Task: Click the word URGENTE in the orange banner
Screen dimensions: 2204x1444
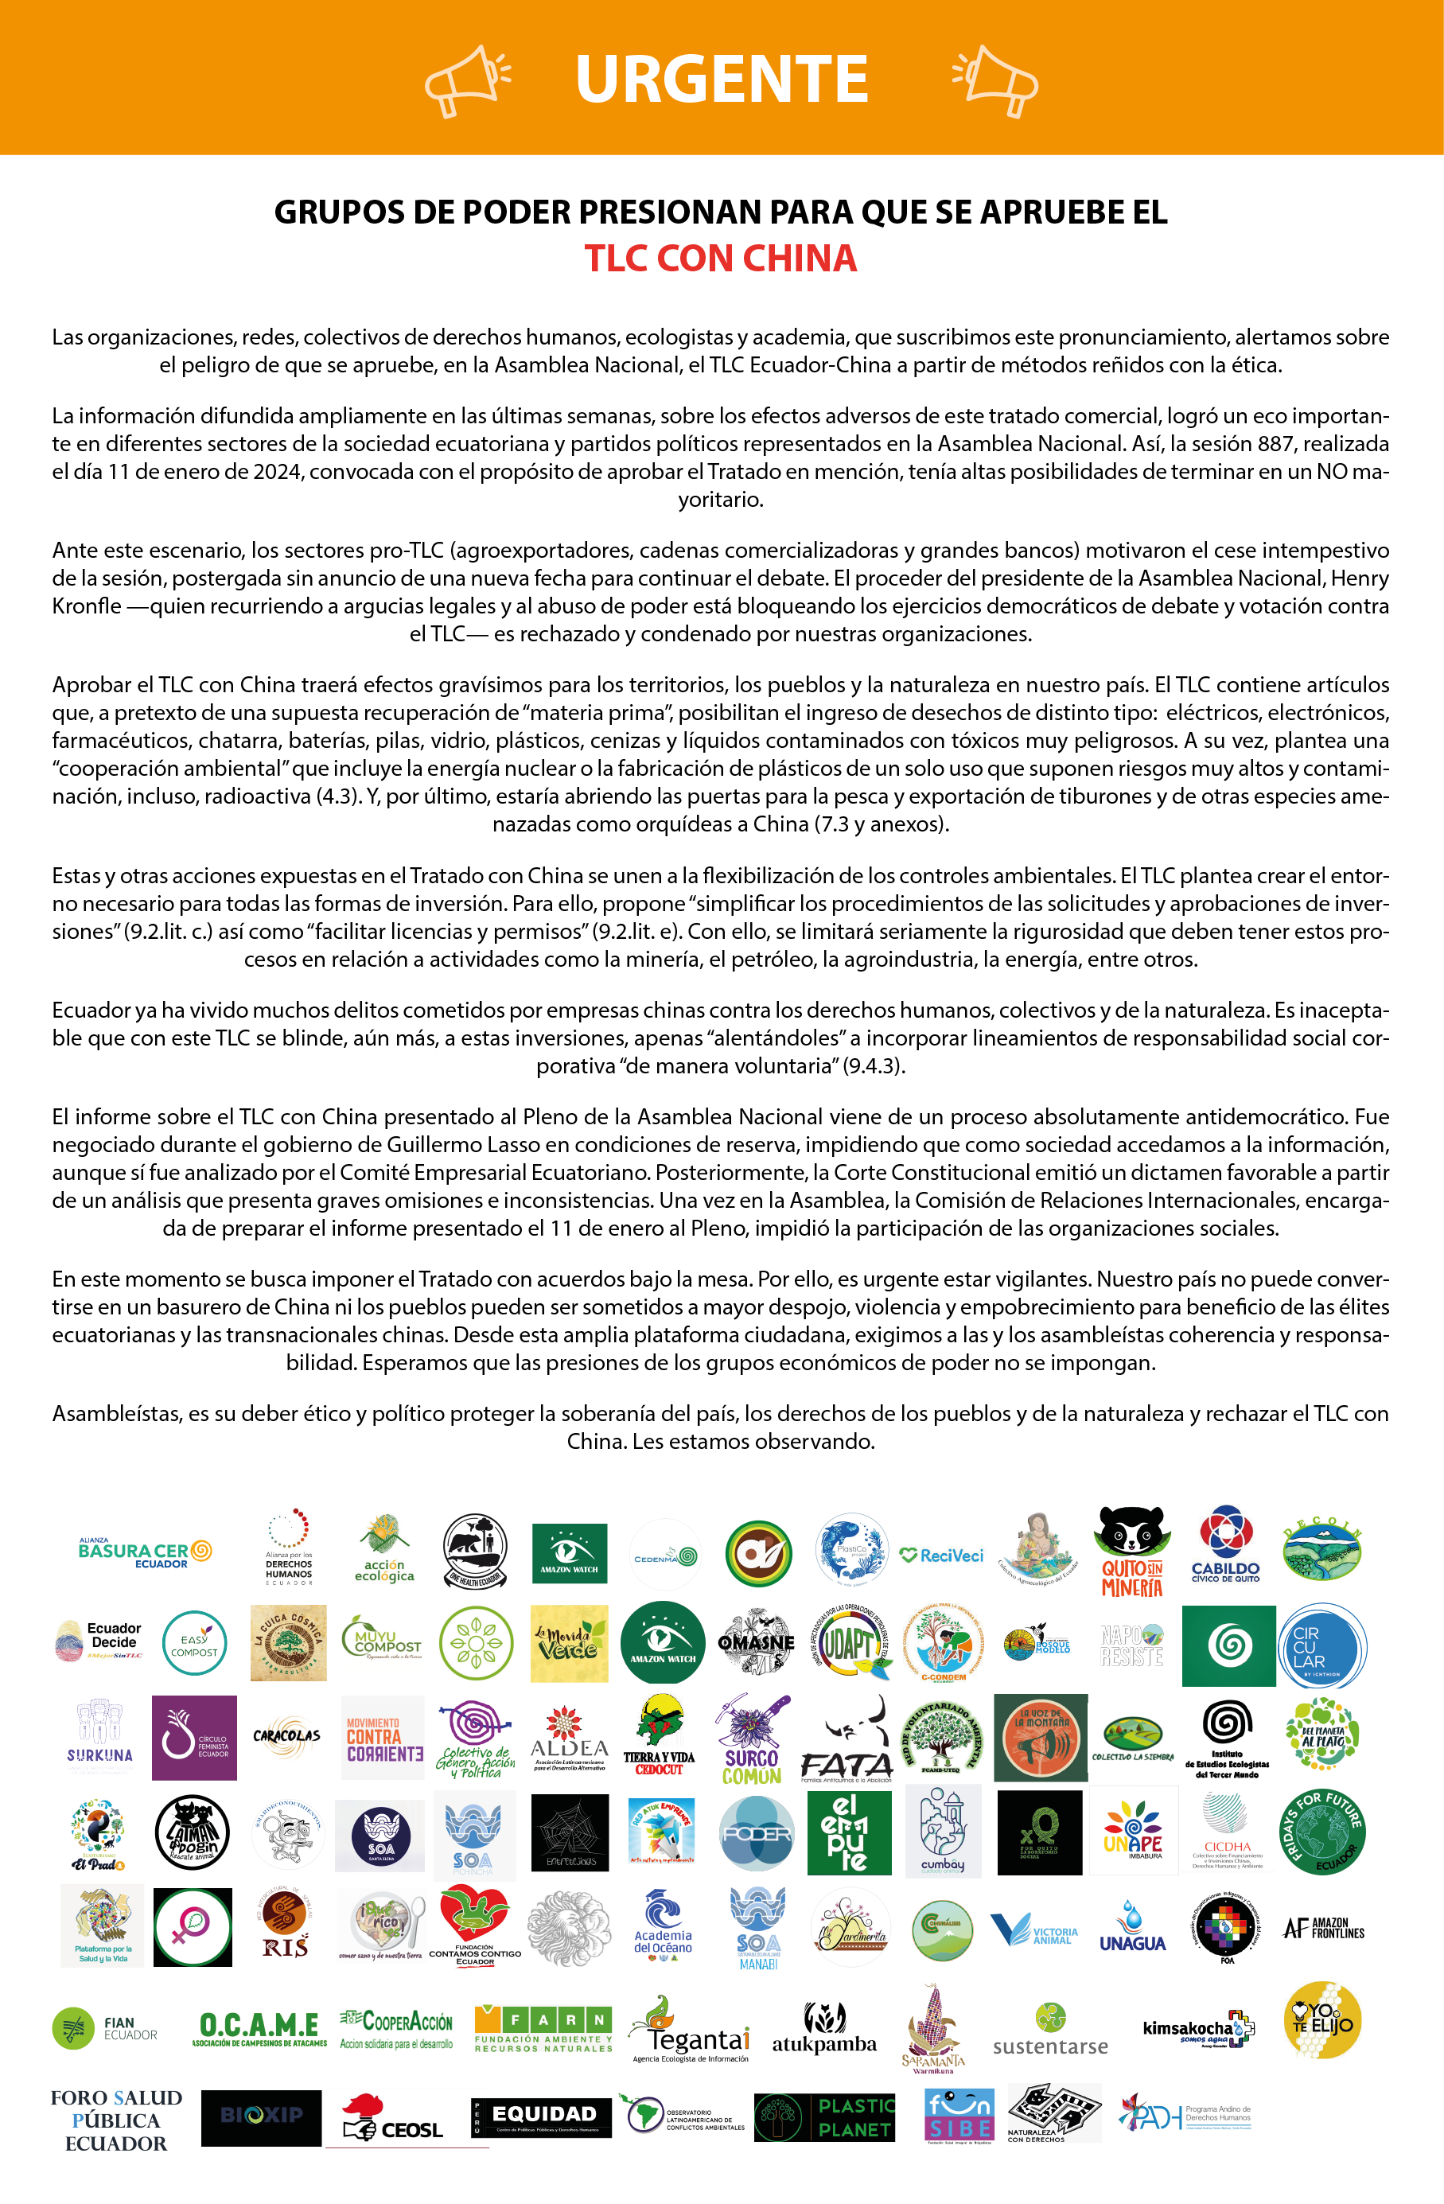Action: point(722,79)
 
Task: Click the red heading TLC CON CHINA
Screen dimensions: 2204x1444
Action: point(721,259)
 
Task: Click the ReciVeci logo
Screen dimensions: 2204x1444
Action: point(941,1556)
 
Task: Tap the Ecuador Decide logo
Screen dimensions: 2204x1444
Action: point(100,1642)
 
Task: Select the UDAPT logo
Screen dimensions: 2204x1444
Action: point(850,1644)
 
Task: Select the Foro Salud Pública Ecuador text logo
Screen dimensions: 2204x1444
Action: point(116,2120)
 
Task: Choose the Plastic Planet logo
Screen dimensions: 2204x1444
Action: point(825,2117)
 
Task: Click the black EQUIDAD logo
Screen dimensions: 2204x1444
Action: point(542,2117)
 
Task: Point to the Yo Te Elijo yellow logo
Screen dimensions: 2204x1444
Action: point(1322,2023)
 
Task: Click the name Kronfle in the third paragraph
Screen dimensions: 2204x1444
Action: point(86,606)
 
